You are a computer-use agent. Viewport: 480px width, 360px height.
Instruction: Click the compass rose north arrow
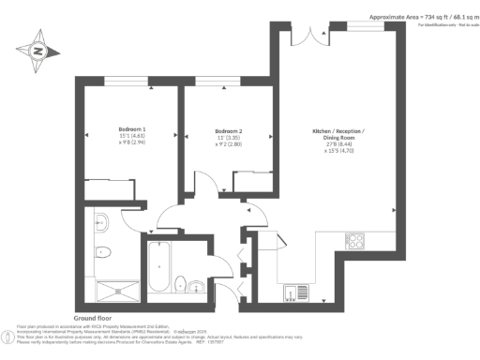tap(38, 52)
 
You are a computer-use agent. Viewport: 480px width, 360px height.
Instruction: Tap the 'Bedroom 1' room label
tap(132, 128)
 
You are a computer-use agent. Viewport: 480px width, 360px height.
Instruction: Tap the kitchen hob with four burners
tap(355, 241)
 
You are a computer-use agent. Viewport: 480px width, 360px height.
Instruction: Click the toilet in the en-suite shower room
tap(106, 252)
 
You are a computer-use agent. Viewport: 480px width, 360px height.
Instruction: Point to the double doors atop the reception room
tap(311, 36)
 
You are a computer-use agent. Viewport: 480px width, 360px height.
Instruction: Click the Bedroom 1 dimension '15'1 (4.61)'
tap(132, 137)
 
